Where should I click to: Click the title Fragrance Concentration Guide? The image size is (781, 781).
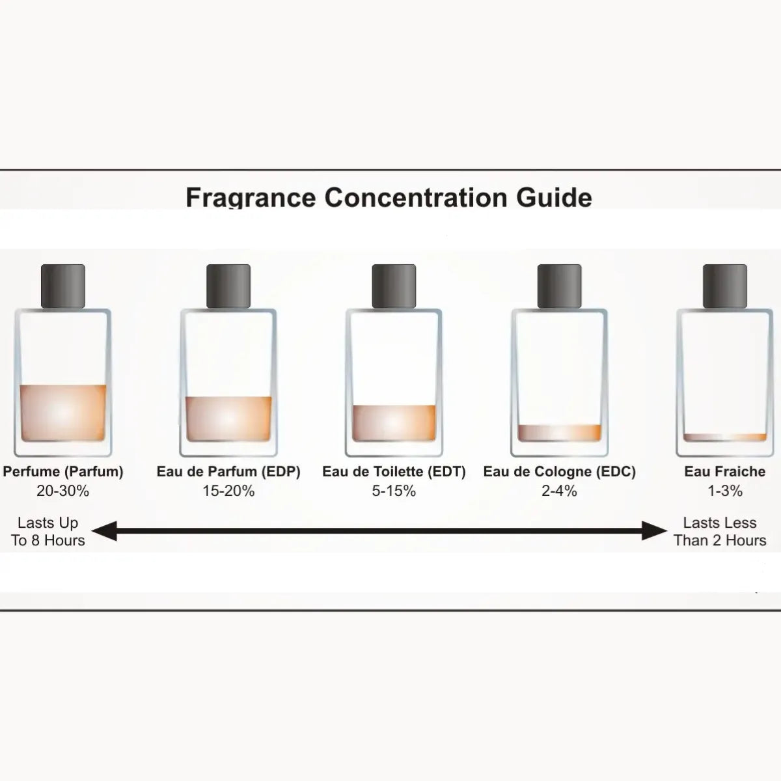(389, 197)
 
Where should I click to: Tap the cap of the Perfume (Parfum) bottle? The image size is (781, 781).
(63, 286)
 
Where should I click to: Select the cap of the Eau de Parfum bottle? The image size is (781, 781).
(228, 286)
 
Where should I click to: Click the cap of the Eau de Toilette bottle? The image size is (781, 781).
(394, 286)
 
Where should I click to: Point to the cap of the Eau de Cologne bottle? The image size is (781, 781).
(559, 286)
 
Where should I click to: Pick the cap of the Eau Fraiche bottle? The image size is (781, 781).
(724, 286)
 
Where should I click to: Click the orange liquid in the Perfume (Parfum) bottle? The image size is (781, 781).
(63, 413)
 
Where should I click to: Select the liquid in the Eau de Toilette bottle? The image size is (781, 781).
(394, 422)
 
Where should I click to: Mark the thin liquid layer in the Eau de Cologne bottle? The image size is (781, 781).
(559, 432)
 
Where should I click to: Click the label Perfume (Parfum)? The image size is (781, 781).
(63, 472)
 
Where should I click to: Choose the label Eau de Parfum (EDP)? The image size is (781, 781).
(228, 472)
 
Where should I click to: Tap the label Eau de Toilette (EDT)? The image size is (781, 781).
(394, 472)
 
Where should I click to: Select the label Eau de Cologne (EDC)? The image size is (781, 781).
(559, 472)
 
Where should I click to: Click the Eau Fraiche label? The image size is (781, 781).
(724, 472)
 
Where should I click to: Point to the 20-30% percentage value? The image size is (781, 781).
(63, 491)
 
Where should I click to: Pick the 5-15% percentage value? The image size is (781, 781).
(394, 491)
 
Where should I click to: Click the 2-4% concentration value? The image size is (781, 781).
(559, 491)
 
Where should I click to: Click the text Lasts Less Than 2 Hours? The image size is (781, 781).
(720, 532)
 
